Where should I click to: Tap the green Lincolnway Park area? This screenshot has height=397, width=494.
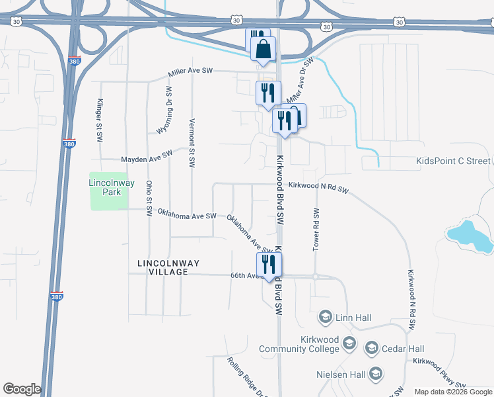[x=108, y=201]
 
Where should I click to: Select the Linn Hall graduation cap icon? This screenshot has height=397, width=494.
[x=325, y=318]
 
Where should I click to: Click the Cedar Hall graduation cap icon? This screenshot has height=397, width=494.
[x=371, y=348]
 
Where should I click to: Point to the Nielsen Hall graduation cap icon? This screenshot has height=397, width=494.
[x=376, y=375]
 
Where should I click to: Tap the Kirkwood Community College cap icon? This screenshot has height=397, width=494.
[x=349, y=343]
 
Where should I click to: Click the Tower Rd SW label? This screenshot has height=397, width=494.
[x=316, y=229]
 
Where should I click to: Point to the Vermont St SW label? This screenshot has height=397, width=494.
[x=192, y=144]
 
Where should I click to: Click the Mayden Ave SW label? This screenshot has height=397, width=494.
[x=147, y=156]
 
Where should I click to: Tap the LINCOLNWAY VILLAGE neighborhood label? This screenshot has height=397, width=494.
[x=168, y=267]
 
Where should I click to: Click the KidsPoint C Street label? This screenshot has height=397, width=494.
[x=454, y=161]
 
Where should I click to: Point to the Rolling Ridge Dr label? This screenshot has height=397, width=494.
[x=246, y=377]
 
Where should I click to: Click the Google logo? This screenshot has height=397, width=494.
[x=22, y=390]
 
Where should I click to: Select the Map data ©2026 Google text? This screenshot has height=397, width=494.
[x=453, y=392]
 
